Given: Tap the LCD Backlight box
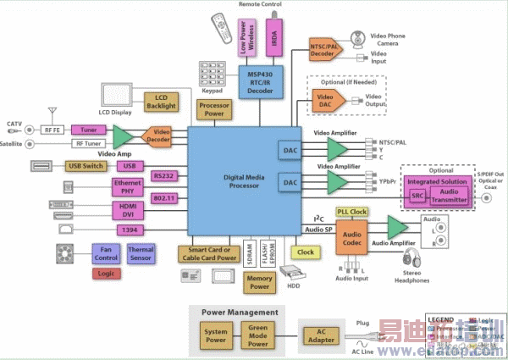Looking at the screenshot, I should click(x=161, y=102).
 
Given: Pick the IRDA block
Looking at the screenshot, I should click(x=275, y=39).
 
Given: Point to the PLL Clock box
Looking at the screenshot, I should click(x=351, y=212).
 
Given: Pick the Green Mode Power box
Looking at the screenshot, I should click(x=259, y=335).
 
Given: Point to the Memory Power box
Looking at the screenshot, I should click(x=260, y=282).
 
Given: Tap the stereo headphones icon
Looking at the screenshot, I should click(x=412, y=259).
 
